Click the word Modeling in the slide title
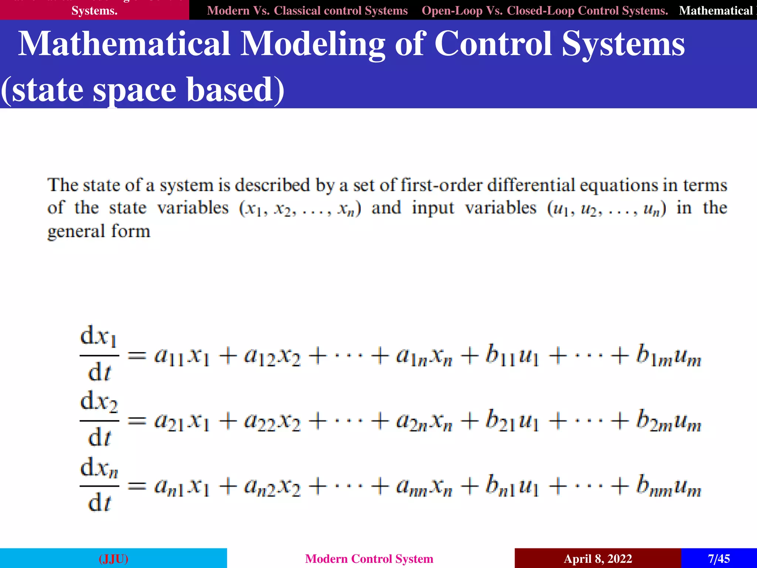point(313,45)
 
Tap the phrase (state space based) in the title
point(143,90)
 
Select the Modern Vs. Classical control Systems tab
point(307,10)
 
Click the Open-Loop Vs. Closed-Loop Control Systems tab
point(545,10)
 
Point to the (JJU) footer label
point(113,558)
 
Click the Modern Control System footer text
point(369,558)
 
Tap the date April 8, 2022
point(598,558)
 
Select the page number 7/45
point(719,558)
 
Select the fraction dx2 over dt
point(99,419)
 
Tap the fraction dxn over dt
point(99,484)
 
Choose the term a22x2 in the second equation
point(272,422)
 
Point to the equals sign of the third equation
point(137,486)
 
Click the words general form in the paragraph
point(99,231)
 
